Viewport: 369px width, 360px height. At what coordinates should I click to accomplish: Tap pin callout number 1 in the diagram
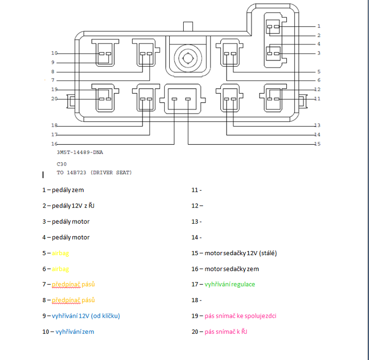(x=318, y=26)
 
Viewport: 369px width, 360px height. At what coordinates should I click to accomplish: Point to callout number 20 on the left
(x=54, y=99)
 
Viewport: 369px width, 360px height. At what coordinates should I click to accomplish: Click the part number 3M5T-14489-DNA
(x=79, y=153)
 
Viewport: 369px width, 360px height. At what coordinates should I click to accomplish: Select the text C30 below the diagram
(x=61, y=164)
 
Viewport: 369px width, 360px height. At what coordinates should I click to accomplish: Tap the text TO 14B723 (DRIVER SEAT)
(x=94, y=173)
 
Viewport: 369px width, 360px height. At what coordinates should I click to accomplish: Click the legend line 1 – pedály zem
(x=63, y=190)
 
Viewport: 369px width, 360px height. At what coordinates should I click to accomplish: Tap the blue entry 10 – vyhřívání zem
(x=68, y=332)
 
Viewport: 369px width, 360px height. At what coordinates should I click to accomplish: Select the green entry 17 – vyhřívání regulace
(x=223, y=284)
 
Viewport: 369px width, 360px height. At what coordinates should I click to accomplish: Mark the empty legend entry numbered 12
(x=197, y=206)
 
